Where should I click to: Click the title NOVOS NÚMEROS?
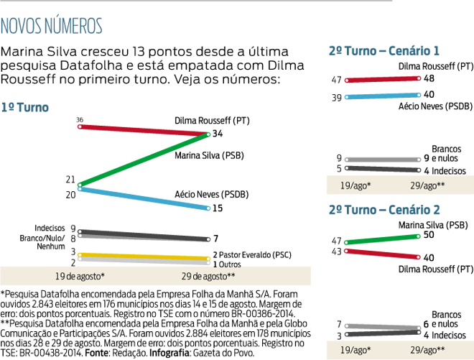(x=51, y=27)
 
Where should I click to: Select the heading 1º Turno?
(x=24, y=108)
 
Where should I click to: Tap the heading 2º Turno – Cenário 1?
(x=384, y=51)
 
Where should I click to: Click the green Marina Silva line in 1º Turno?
(x=144, y=159)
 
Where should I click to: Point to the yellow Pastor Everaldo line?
(x=144, y=257)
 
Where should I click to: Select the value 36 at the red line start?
(x=80, y=119)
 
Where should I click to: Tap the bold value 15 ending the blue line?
(x=217, y=208)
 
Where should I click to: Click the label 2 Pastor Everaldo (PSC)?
(x=251, y=255)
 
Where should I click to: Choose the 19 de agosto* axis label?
(x=80, y=276)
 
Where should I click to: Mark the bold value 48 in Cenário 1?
(x=429, y=78)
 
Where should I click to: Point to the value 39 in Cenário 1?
(x=337, y=97)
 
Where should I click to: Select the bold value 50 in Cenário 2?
(x=429, y=235)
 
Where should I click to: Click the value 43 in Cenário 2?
(x=337, y=251)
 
